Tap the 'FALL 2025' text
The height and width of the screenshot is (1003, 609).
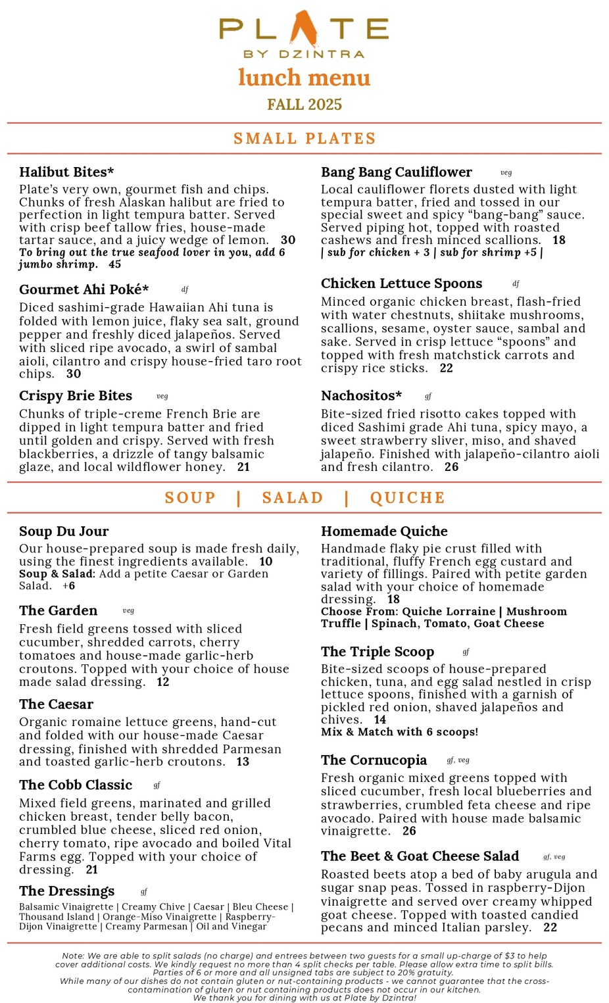point(304,105)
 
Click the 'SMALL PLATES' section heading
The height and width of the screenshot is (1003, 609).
point(304,139)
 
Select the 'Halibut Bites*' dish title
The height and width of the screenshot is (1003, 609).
point(66,172)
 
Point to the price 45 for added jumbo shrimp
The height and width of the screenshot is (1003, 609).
point(114,264)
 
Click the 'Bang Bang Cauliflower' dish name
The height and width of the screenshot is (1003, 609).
point(396,172)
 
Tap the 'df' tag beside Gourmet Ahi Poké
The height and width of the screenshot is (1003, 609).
point(185,289)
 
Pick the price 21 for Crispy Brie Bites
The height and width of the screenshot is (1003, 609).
point(243,467)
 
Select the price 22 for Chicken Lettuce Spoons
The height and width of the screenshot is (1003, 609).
point(447,368)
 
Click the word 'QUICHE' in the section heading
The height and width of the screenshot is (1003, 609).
point(407,498)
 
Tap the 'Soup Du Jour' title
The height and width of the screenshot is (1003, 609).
point(64,531)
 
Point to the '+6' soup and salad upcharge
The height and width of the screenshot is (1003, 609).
point(69,586)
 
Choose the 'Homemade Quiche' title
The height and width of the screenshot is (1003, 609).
point(384,531)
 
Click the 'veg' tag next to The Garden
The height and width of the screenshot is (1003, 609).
point(128,611)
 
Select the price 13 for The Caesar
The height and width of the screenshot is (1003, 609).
point(243,762)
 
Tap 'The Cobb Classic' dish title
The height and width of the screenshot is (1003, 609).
point(76,785)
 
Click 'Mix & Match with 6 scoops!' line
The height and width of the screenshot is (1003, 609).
point(399,732)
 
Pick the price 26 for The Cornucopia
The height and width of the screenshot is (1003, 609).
point(409,831)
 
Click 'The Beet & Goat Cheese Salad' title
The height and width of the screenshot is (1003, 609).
point(420,856)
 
